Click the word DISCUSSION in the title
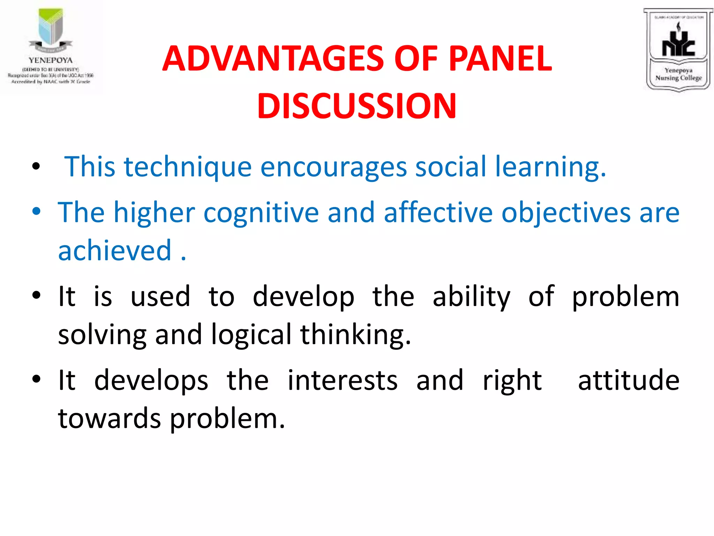[x=357, y=106]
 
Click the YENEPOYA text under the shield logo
[x=51, y=60]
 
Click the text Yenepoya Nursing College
[x=678, y=74]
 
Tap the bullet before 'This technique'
[x=36, y=166]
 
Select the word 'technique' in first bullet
[x=188, y=167]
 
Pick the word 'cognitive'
[x=261, y=213]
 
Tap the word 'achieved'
[x=115, y=250]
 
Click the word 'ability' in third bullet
[x=471, y=297]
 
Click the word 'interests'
[x=342, y=380]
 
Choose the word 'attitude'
[x=629, y=380]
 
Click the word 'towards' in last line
[x=109, y=419]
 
